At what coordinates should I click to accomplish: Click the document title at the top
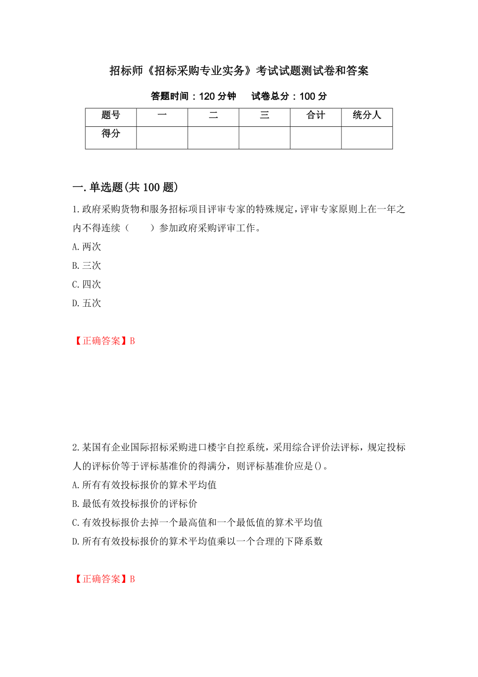[239, 71]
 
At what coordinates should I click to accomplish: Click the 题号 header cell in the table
[111, 116]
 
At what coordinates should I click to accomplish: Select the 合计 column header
[315, 116]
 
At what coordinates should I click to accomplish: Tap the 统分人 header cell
[367, 116]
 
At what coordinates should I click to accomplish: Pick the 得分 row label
[111, 134]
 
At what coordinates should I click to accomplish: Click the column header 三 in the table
[264, 116]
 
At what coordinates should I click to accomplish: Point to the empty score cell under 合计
[315, 138]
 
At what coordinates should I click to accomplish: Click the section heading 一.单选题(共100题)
[125, 187]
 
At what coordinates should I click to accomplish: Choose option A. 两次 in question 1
[87, 247]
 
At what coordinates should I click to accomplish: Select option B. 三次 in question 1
[87, 266]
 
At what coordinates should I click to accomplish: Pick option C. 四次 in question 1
[87, 284]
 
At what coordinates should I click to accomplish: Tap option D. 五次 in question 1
[87, 303]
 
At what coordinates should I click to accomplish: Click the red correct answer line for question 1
[103, 341]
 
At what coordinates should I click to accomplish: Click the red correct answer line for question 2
[103, 579]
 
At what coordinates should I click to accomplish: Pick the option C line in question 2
[197, 523]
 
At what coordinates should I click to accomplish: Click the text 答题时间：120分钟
[193, 96]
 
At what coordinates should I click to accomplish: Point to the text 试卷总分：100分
[289, 96]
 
